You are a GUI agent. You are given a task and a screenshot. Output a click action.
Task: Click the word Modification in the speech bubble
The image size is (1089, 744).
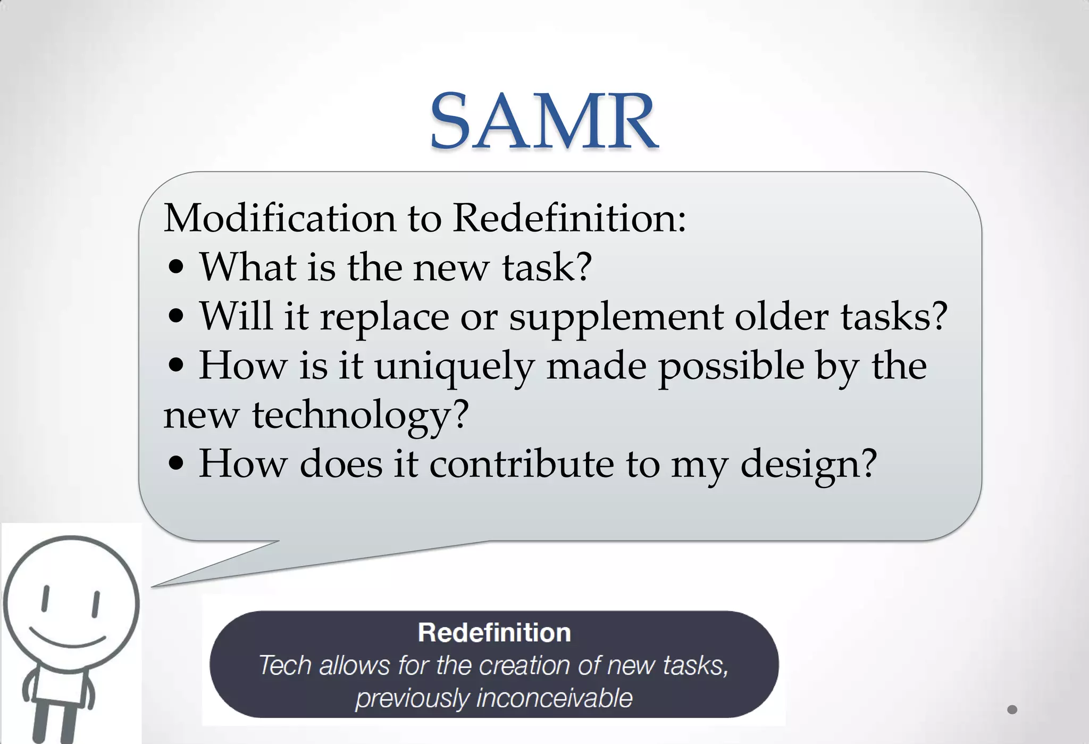[x=280, y=218]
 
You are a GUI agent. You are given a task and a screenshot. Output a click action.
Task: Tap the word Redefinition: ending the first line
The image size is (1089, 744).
[x=569, y=218]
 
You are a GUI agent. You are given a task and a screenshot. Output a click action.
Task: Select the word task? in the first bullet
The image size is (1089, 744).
[x=547, y=267]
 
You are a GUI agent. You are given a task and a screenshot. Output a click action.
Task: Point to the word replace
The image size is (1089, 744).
[x=384, y=317]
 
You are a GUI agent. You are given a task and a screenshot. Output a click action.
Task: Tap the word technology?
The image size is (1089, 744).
[x=360, y=415]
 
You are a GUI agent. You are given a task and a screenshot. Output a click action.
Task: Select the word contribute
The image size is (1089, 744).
[x=521, y=464]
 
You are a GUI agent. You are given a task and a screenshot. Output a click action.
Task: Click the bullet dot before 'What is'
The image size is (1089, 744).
[x=176, y=268]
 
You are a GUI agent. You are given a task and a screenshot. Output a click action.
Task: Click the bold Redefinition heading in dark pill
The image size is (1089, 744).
[x=494, y=633]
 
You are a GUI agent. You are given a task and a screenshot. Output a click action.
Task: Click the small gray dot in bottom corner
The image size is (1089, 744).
[x=1012, y=709]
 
